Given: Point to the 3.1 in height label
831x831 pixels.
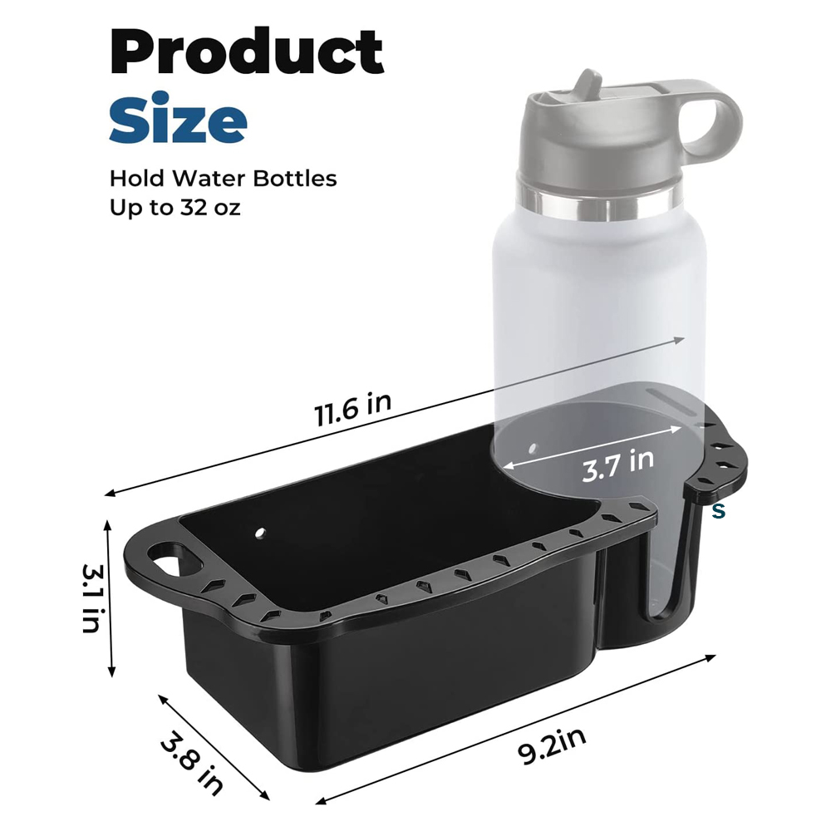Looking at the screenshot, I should click(92, 597).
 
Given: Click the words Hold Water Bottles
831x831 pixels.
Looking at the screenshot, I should click(223, 178).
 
